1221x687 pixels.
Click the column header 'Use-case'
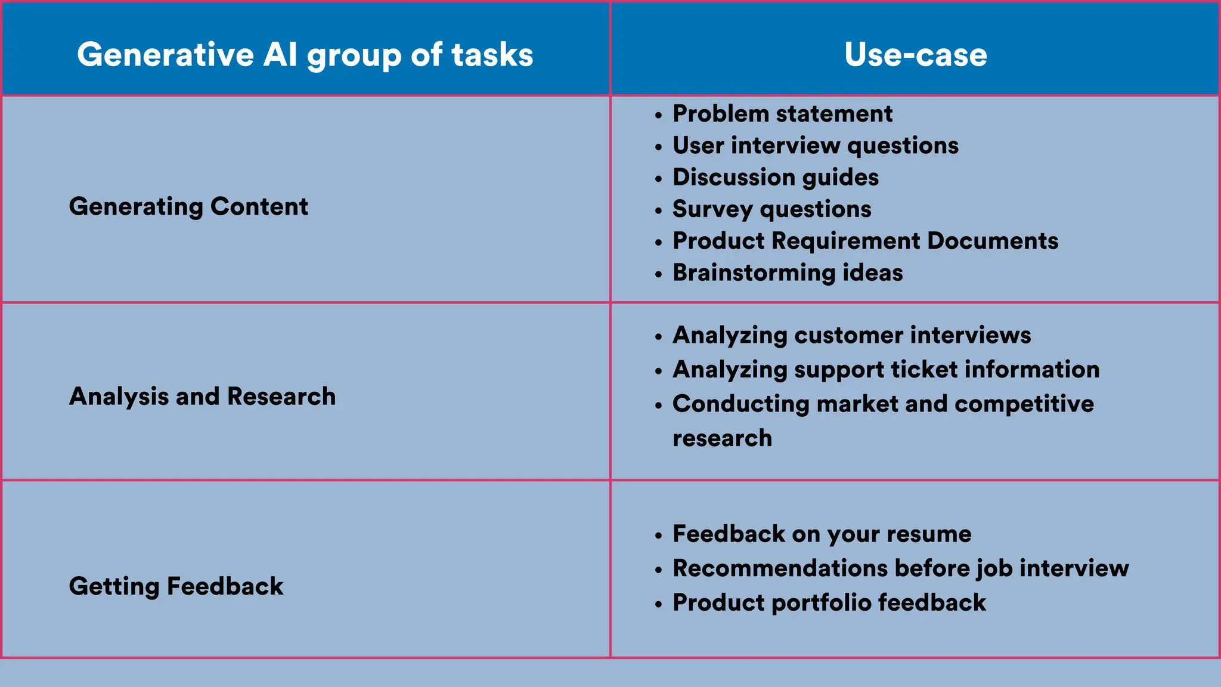click(915, 54)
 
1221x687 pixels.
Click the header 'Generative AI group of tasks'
click(305, 54)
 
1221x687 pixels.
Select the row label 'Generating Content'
click(188, 206)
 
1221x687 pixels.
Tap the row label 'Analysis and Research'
click(202, 396)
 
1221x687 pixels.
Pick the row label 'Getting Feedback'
click(176, 586)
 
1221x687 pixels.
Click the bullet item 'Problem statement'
click(782, 113)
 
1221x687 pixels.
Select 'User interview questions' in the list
click(815, 145)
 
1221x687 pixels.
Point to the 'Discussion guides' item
click(775, 177)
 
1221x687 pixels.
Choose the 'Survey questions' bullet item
click(771, 209)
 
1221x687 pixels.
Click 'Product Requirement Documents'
click(865, 240)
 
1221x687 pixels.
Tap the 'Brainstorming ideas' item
click(788, 273)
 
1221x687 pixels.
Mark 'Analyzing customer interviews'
click(851, 335)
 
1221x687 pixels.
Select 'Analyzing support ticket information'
click(885, 369)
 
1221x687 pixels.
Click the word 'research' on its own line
click(722, 438)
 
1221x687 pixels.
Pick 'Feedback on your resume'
click(822, 534)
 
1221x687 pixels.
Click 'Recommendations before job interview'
click(900, 568)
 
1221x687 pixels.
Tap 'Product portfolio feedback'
click(829, 602)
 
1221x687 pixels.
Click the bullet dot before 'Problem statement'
click(658, 115)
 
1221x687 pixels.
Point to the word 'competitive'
click(1024, 404)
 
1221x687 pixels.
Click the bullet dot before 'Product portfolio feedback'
click(658, 604)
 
